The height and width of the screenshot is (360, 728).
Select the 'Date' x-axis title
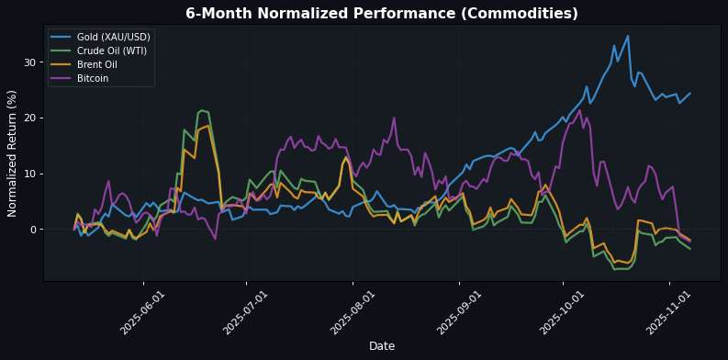[x=381, y=345]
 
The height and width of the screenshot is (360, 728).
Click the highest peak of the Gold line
[x=628, y=37]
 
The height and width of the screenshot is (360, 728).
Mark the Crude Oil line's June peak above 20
[x=201, y=110]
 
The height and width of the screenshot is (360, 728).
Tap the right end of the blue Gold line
[x=690, y=93]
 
